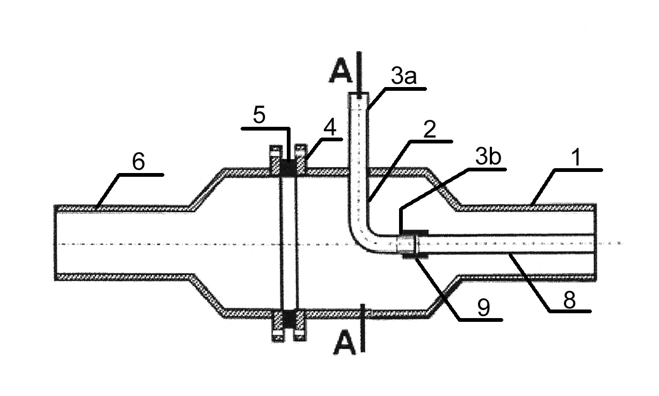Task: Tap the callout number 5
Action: click(x=259, y=115)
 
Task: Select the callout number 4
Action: click(x=330, y=128)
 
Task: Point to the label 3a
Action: click(x=404, y=76)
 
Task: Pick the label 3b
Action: click(x=488, y=157)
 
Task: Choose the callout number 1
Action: click(x=577, y=157)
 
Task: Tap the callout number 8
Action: click(x=569, y=300)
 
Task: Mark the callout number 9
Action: click(x=484, y=308)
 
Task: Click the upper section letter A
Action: click(x=341, y=73)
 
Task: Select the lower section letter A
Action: click(x=344, y=345)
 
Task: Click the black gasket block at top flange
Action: click(x=288, y=168)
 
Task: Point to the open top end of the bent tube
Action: click(x=359, y=94)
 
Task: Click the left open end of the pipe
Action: click(x=55, y=242)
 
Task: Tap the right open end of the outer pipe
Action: click(x=595, y=242)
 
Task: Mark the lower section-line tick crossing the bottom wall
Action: click(x=363, y=313)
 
